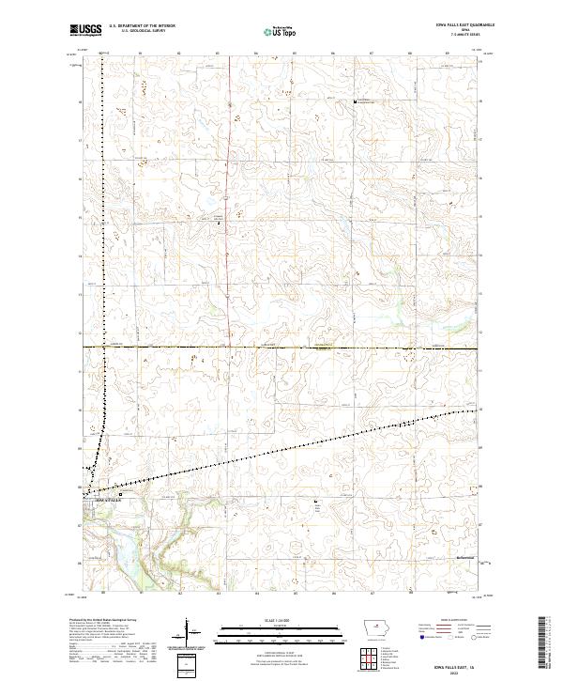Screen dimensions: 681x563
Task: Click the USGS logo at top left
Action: click(x=86, y=30)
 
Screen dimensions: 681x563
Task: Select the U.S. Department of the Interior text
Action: click(x=142, y=25)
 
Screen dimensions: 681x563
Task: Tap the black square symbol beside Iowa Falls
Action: click(x=120, y=494)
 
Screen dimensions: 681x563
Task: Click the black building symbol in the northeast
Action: click(x=355, y=101)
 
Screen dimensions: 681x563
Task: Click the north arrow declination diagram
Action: click(x=188, y=633)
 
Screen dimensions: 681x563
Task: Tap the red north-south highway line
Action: click(x=230, y=235)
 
